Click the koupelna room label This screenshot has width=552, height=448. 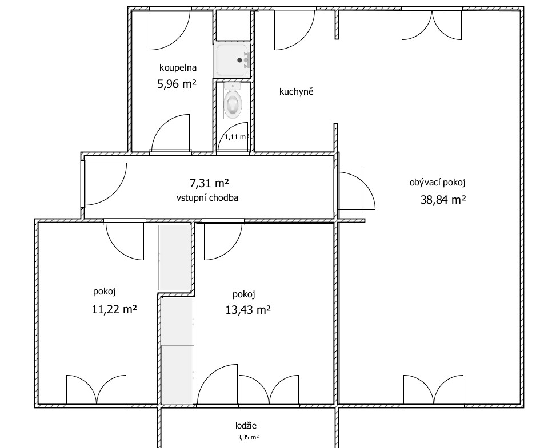pos(178,67)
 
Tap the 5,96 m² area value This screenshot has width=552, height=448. pos(177,84)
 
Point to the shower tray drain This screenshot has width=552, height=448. pos(240,60)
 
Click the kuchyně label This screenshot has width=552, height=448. pos(297,92)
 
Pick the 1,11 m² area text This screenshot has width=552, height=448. pos(237,137)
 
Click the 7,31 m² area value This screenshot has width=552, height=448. pos(210,183)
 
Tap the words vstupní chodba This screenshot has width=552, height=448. pos(207,198)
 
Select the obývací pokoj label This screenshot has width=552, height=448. pos(438,183)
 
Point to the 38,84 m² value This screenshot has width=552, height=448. pos(443,200)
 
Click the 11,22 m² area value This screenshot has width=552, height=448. pos(114,309)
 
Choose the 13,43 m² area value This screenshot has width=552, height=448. pos(248,310)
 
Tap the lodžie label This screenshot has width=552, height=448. pos(246,426)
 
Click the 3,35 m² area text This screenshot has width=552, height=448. pos(248,438)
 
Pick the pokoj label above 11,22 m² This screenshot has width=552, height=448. pos(105,292)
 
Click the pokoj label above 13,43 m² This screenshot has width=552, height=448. pos(244,294)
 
